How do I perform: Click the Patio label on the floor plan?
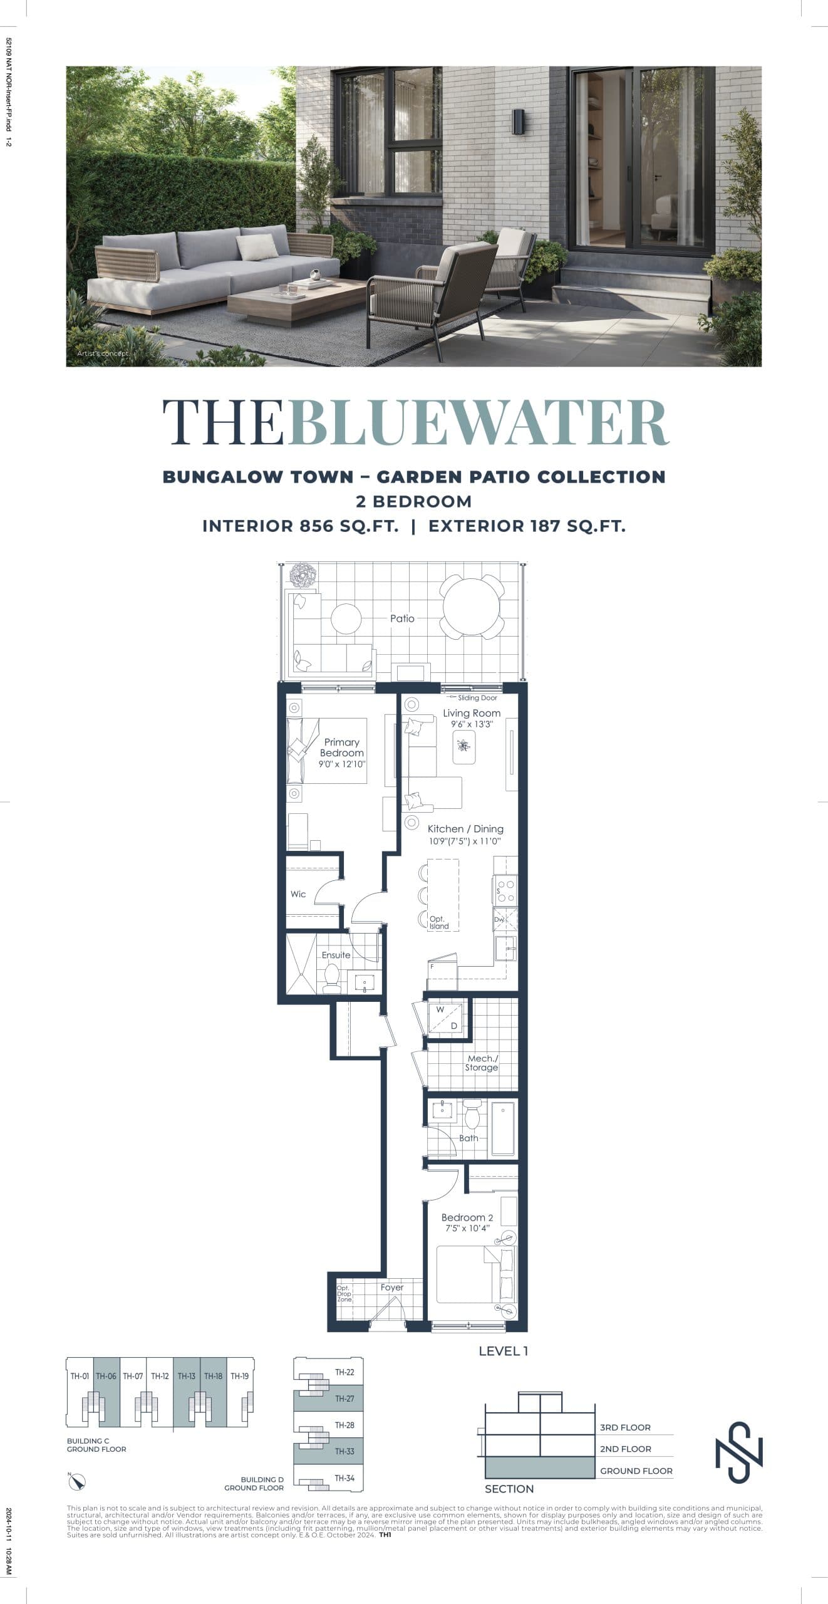402,618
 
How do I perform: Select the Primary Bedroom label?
341,747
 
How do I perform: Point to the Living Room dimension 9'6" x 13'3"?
472,724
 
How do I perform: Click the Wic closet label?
298,894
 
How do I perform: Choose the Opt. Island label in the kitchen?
438,922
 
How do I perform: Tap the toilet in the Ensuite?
331,976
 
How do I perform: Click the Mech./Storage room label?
482,1063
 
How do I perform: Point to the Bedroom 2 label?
467,1217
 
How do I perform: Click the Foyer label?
392,1287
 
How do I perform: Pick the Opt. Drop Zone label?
344,1294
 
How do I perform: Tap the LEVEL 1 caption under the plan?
503,1351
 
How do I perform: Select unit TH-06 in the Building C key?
106,1377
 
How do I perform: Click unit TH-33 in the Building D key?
344,1451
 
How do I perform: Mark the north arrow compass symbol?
77,1482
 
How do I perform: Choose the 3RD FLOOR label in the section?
624,1427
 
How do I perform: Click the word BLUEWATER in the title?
479,423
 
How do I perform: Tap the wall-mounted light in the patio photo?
519,122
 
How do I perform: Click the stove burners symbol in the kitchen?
506,890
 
